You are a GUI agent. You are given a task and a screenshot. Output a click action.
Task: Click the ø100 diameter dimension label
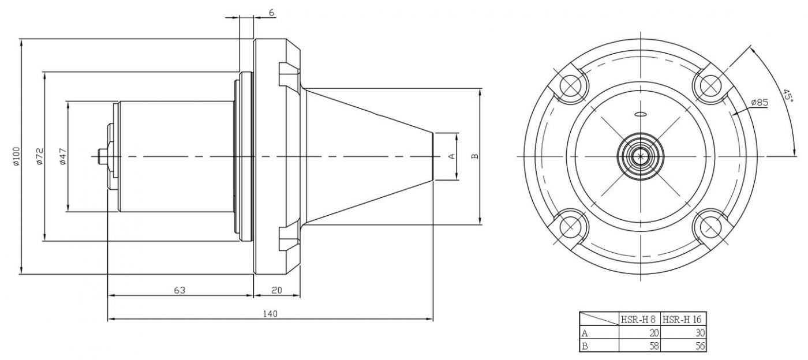tap(16, 156)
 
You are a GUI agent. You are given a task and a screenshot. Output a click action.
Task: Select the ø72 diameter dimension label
tap(40, 156)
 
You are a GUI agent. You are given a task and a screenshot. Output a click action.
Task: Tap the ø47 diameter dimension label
tap(63, 156)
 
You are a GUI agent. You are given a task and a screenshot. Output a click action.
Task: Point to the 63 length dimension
tap(179, 290)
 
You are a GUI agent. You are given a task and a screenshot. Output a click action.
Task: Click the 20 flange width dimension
tap(276, 290)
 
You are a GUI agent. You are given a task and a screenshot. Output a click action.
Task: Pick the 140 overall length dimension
tap(270, 314)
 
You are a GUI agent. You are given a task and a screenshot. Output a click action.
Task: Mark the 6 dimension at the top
tap(272, 13)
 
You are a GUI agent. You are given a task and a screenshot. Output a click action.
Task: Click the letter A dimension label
tap(451, 156)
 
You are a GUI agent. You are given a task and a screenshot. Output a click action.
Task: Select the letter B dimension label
tap(475, 156)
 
